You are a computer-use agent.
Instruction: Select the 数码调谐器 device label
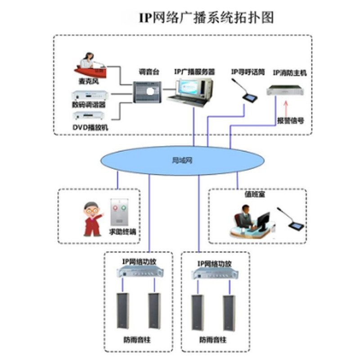point(89,105)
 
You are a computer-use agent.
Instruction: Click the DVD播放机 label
point(90,128)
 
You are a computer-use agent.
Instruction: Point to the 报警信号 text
point(290,121)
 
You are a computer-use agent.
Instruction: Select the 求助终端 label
point(122,232)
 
